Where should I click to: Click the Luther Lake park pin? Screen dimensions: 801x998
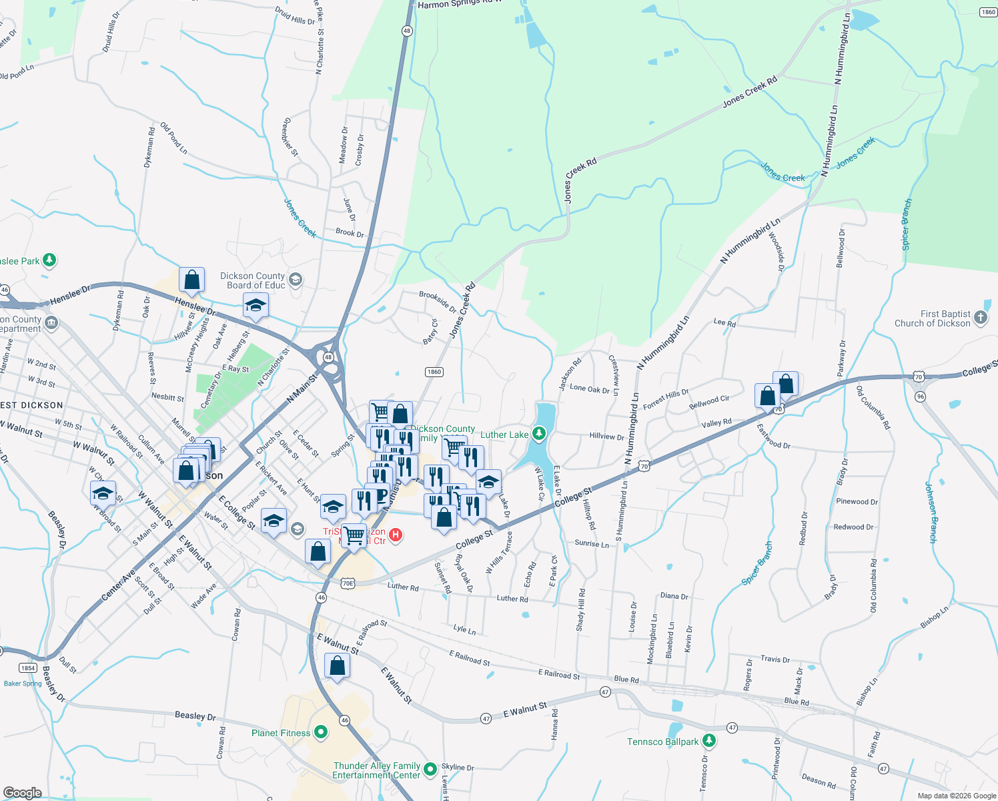point(539,435)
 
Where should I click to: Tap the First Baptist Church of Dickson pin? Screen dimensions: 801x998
point(981,318)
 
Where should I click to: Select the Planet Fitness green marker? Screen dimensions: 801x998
point(321,733)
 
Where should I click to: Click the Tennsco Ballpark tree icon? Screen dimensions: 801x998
point(709,741)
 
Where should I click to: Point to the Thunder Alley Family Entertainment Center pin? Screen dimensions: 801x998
point(430,770)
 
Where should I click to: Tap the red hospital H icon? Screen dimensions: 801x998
point(396,535)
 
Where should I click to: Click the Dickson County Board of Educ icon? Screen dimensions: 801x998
point(296,280)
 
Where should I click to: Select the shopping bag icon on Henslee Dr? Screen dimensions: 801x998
point(191,280)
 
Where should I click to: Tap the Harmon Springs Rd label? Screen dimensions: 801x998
point(459,5)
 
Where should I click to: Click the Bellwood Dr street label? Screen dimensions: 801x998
point(841,248)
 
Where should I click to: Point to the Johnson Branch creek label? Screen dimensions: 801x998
point(931,512)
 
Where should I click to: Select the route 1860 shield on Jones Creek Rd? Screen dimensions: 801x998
point(434,372)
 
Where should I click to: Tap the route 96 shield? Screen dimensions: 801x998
point(921,396)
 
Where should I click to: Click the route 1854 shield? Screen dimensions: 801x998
point(28,667)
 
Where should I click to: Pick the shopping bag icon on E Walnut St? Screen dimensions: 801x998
point(337,665)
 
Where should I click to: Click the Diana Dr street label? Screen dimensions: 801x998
point(674,596)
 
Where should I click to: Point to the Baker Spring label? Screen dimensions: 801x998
point(23,684)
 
